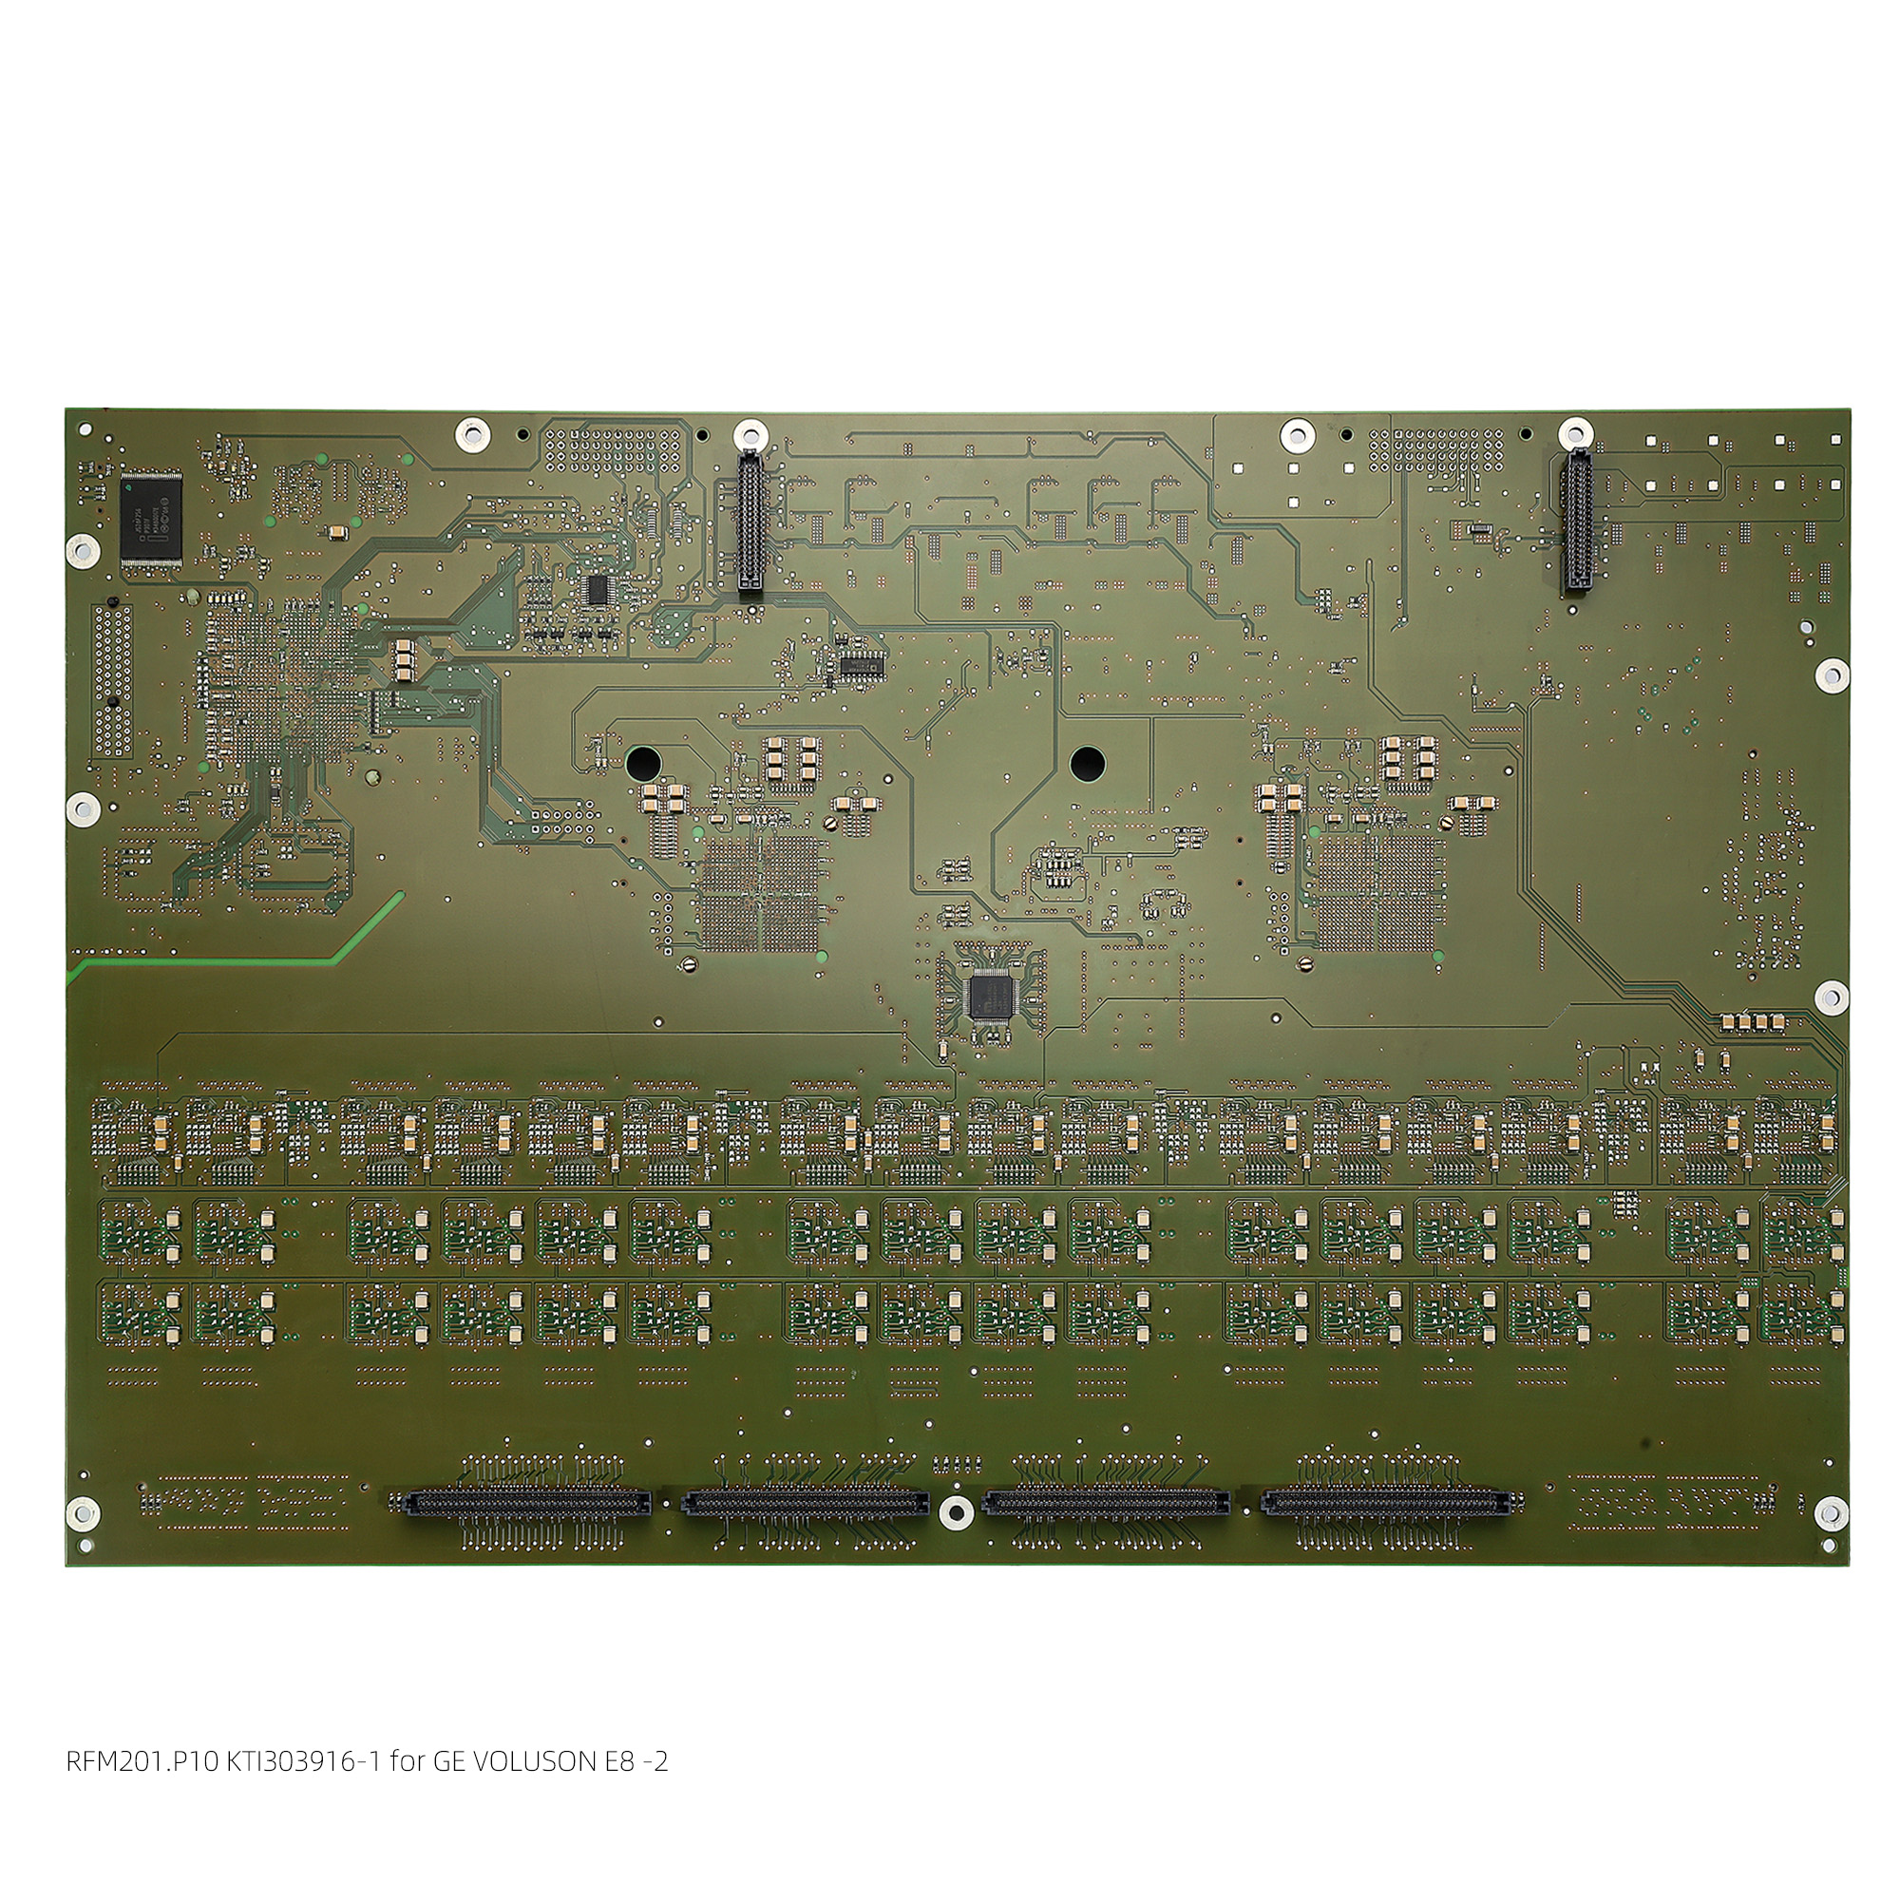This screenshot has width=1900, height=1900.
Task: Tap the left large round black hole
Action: click(x=644, y=761)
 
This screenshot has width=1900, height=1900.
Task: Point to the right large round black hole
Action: click(x=1088, y=762)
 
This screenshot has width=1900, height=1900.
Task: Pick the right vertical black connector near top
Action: click(x=1576, y=522)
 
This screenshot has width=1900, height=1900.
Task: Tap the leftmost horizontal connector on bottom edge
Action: click(x=527, y=1503)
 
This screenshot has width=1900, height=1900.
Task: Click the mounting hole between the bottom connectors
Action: click(x=953, y=1510)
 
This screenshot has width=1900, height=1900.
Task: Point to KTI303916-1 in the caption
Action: click(x=305, y=1761)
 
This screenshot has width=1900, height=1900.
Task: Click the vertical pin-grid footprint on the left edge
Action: click(x=112, y=680)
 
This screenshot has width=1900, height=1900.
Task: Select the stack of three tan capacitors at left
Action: click(x=404, y=660)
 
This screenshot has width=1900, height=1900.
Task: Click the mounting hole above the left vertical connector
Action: click(x=750, y=431)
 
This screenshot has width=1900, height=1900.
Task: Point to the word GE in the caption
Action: click(x=448, y=1761)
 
